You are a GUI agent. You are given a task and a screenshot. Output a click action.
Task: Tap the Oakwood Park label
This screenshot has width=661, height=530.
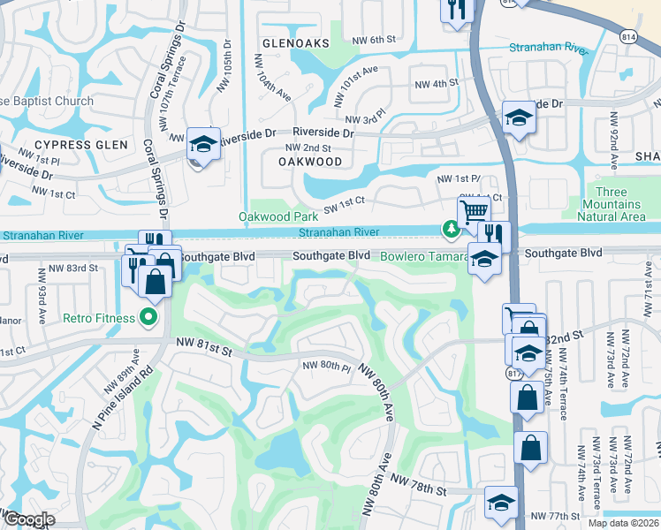point(277,216)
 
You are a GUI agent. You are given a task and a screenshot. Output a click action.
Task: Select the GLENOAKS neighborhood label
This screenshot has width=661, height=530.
point(295,42)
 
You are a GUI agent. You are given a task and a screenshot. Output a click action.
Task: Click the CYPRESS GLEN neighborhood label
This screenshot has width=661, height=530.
point(81,144)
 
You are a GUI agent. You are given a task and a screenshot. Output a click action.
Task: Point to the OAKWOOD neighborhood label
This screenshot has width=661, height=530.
point(309,163)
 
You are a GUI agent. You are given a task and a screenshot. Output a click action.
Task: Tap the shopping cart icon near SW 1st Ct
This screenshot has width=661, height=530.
point(474,212)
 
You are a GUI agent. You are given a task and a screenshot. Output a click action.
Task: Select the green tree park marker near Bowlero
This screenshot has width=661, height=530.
point(452,230)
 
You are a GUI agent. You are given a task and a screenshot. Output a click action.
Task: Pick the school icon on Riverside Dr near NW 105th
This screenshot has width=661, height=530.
point(204,143)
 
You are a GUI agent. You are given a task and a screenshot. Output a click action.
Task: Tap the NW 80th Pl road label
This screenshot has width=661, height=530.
point(328,365)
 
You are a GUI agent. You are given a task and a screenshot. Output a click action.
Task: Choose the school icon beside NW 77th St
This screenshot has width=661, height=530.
point(501,502)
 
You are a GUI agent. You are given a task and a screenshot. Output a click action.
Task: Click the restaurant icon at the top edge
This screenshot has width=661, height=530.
point(457,9)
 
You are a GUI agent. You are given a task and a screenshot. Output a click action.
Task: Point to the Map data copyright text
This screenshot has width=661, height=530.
point(623,523)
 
